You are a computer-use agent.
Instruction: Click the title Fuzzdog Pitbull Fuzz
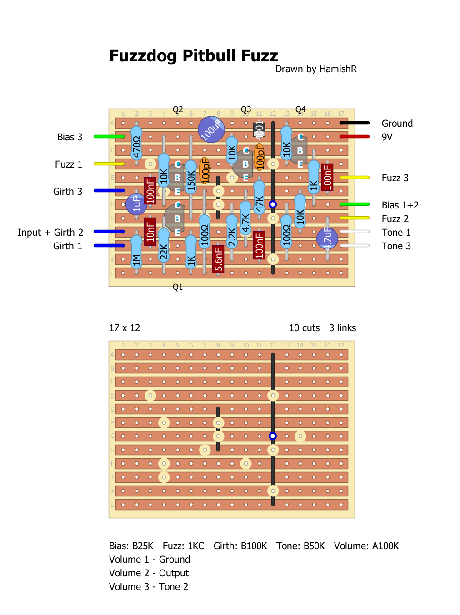click(193, 56)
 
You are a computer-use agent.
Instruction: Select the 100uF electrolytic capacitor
click(211, 129)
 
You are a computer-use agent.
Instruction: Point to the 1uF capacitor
click(136, 204)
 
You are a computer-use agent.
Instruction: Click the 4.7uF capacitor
click(327, 238)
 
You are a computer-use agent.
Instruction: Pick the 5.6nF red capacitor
click(218, 259)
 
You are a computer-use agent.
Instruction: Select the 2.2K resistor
click(232, 232)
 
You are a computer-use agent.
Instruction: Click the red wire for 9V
click(355, 137)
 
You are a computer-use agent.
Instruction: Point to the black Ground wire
click(355, 123)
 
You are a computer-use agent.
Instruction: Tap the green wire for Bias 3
click(109, 137)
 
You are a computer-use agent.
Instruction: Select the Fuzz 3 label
click(395, 178)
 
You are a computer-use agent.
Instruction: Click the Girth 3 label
click(68, 192)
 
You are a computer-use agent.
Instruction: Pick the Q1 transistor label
click(178, 287)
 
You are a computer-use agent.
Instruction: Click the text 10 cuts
click(304, 328)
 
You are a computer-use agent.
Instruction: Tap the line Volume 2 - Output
click(149, 573)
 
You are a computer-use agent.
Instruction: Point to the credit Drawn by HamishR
click(316, 69)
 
